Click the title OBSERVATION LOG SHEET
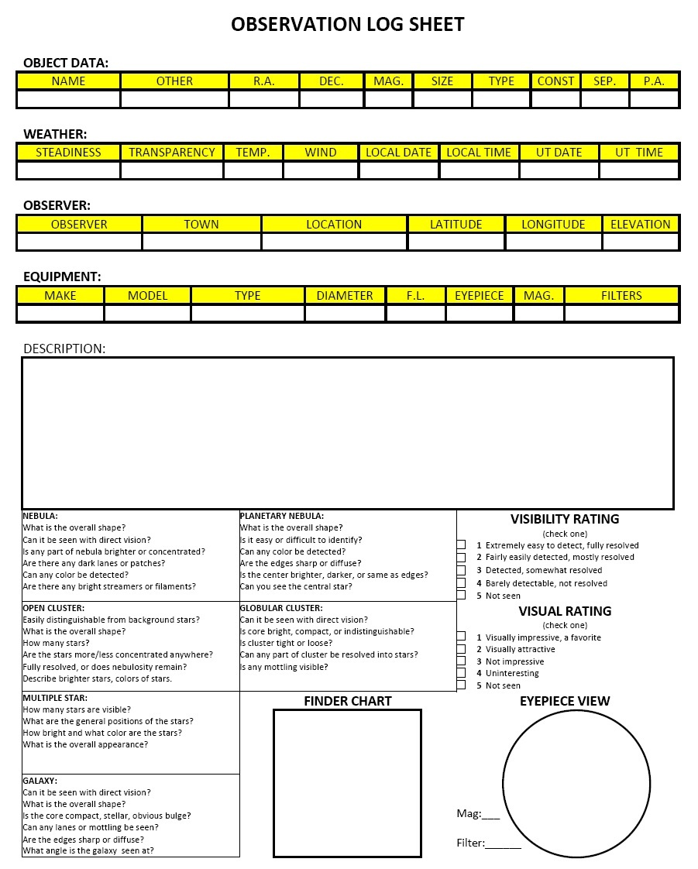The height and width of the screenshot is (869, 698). (x=348, y=25)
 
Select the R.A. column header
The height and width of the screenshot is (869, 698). (x=264, y=81)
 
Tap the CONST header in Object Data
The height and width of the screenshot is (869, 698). (x=555, y=81)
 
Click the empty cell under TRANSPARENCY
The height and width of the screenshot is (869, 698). (x=172, y=170)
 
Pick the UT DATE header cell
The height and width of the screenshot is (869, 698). (x=559, y=152)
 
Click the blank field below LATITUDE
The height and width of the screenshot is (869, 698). (x=456, y=242)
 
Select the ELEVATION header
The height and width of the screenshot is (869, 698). (x=641, y=224)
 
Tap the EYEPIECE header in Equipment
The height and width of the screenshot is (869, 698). (x=480, y=295)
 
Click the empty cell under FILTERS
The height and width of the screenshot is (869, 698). (x=621, y=313)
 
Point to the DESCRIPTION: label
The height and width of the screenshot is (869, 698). (x=64, y=349)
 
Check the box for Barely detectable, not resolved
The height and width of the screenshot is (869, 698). (x=461, y=583)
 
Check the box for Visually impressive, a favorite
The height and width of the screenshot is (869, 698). (x=461, y=637)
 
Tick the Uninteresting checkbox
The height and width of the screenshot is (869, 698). (x=461, y=673)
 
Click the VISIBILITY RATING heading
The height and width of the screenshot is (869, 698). (x=565, y=519)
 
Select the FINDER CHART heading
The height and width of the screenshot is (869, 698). (x=348, y=701)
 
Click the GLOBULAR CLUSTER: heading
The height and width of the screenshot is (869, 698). (x=281, y=608)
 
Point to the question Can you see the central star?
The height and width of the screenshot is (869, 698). (x=296, y=586)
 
